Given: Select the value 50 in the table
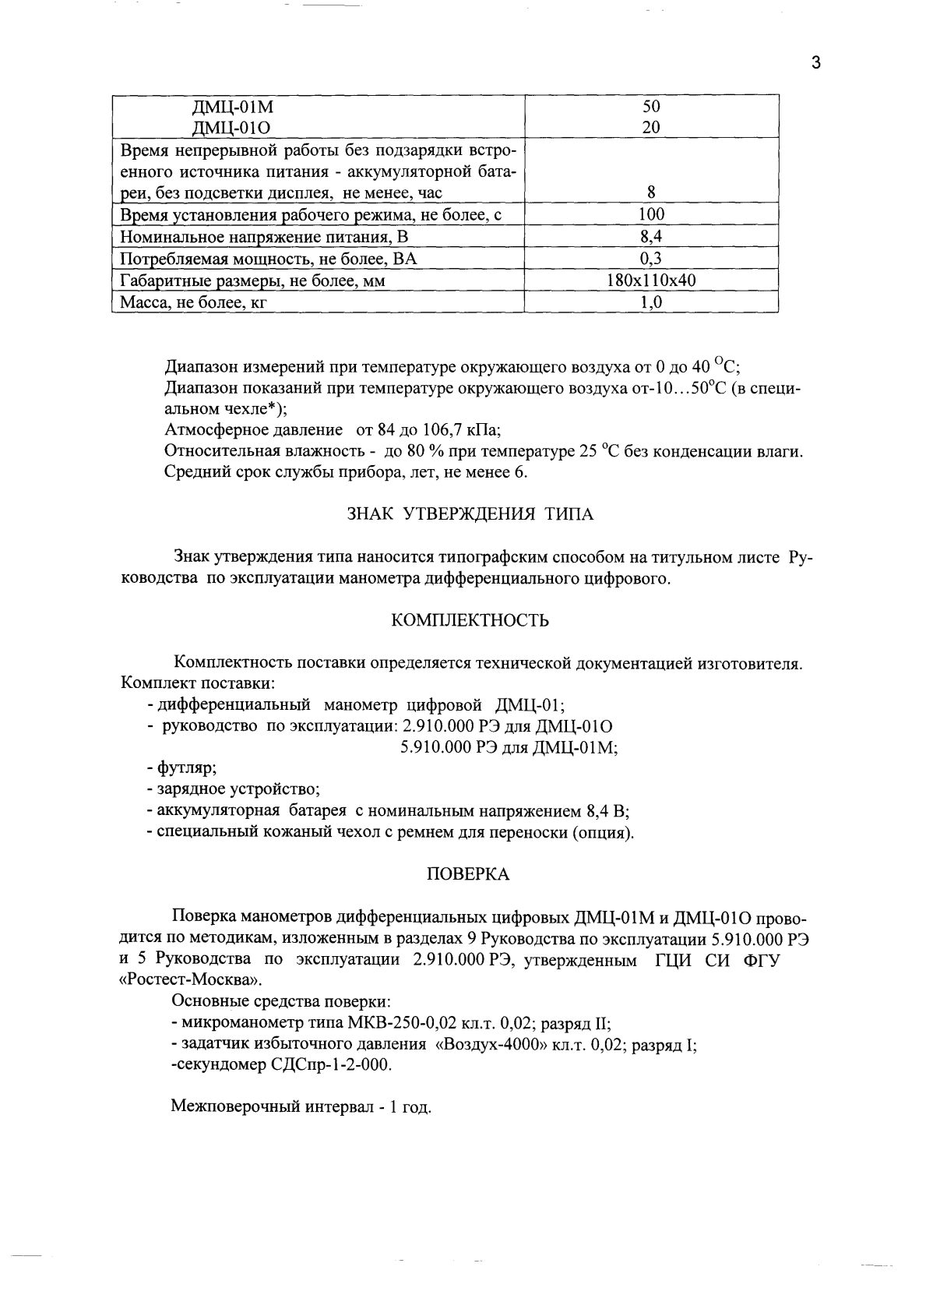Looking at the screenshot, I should tap(651, 107).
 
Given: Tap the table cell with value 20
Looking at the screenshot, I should tap(651, 127).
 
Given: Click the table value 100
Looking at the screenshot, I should tap(651, 214).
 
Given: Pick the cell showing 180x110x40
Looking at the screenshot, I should tap(651, 281).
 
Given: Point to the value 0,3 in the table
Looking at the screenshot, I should tap(651, 259).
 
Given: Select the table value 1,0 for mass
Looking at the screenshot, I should tap(651, 303).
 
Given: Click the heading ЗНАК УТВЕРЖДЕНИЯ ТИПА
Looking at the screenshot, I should tap(469, 514).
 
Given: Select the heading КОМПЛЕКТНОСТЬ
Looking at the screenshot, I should tap(469, 620).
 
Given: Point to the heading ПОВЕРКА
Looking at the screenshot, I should tap(468, 874).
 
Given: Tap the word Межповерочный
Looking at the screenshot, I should tap(228, 1107).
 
